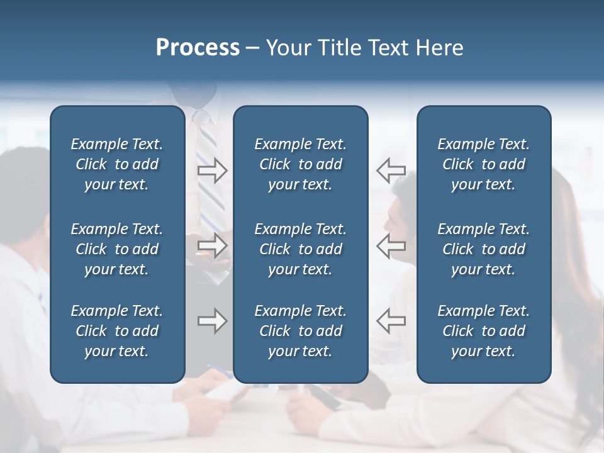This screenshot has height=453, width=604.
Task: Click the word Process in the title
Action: point(198,48)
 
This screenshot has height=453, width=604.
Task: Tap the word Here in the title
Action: point(439,48)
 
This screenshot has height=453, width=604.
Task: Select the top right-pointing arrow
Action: point(212,171)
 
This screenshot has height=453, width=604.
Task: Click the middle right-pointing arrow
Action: point(212,245)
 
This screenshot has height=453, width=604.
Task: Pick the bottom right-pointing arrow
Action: point(212,321)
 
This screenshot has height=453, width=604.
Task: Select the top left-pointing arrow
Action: point(391,171)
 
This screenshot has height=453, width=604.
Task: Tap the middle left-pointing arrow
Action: point(391,245)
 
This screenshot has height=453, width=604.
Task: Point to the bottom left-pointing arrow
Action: point(391,321)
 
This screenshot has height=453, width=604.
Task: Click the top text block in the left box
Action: point(117,164)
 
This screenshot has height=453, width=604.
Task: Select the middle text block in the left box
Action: point(117,249)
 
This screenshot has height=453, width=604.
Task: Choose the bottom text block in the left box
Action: point(117,331)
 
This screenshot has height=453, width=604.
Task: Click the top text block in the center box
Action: point(300,164)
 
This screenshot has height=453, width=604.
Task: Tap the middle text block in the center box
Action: point(300,249)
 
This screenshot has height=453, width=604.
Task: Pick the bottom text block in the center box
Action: point(300,331)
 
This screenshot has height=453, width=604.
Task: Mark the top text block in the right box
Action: point(484,164)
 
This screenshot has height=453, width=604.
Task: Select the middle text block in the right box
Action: point(484,249)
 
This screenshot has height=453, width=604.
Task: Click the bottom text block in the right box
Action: point(484,331)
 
